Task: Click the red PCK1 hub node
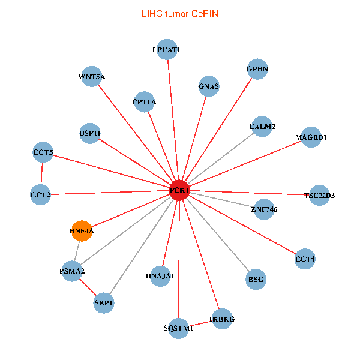click(179, 190)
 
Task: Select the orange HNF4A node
click(82, 230)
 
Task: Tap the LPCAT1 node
click(166, 50)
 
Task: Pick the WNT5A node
click(91, 76)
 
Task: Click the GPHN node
click(257, 69)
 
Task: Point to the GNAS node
click(208, 86)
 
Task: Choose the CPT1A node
click(144, 101)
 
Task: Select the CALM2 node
click(262, 127)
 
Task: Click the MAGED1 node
click(311, 137)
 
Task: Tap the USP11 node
click(90, 133)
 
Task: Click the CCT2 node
click(40, 194)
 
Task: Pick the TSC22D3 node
click(319, 195)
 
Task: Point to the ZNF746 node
click(264, 209)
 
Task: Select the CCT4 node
click(305, 259)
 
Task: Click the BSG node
click(256, 280)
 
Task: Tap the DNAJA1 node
click(160, 276)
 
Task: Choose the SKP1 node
click(103, 303)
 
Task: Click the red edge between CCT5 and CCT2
click(42, 174)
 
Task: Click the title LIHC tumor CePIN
click(180, 13)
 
